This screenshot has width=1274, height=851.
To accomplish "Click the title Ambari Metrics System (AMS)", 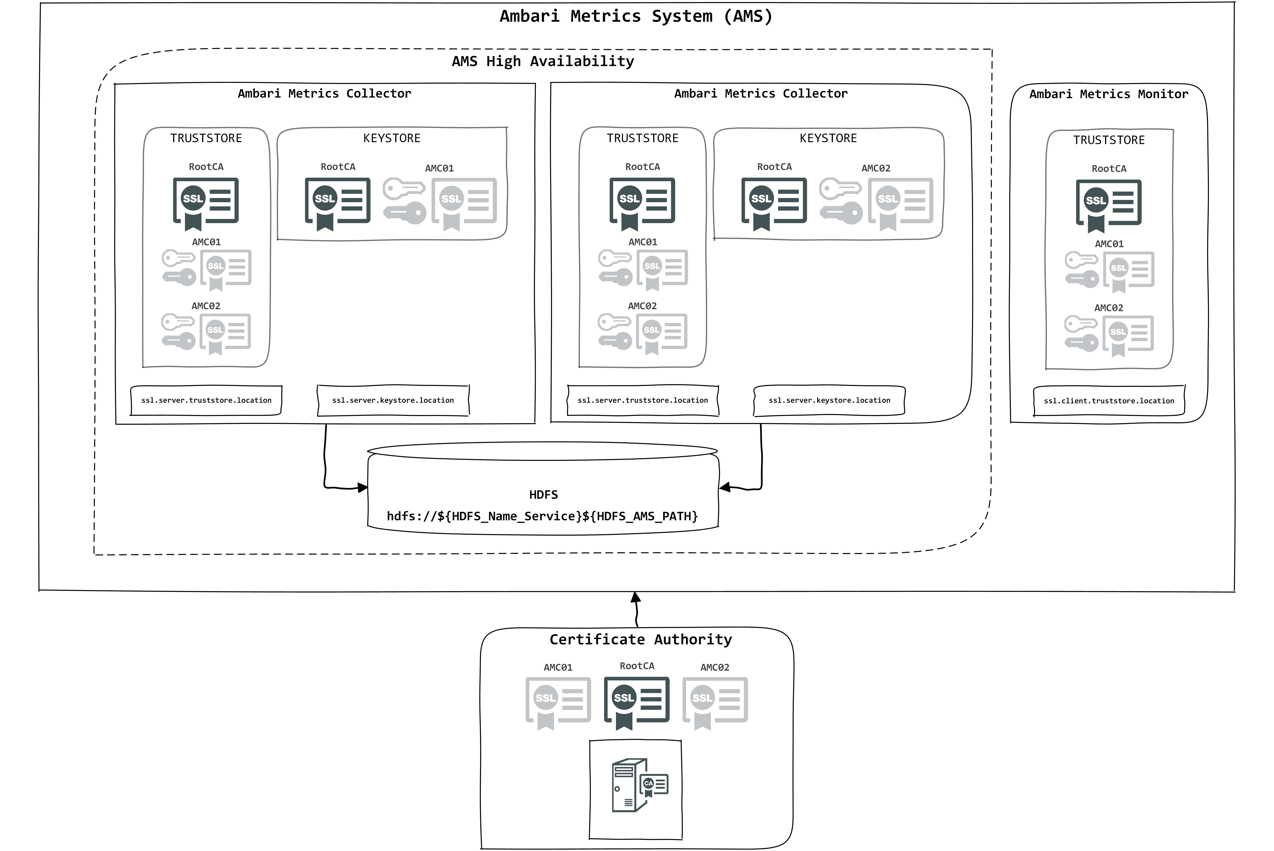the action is [636, 16].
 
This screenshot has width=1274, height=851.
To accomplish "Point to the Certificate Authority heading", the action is [641, 639].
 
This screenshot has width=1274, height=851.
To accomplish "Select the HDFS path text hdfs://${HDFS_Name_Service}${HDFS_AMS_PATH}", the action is [542, 516].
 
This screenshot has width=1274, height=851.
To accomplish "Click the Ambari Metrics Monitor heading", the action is [1109, 94].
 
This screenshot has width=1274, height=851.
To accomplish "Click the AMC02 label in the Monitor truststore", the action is [1109, 308].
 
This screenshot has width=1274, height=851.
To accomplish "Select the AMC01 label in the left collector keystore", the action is [439, 168].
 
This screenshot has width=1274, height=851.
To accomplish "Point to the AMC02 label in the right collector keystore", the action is [876, 168].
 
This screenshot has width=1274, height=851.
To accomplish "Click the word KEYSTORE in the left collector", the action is [392, 138].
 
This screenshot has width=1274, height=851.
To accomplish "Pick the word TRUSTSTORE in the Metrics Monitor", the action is [1109, 140].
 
